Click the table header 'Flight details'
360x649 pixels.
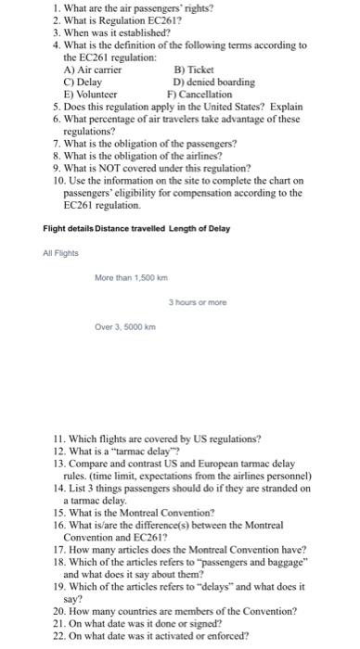click(71, 228)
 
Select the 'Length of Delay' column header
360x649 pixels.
click(199, 228)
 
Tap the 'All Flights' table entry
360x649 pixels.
click(60, 253)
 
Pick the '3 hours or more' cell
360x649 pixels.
click(199, 302)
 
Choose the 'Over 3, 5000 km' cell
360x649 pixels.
click(126, 326)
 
